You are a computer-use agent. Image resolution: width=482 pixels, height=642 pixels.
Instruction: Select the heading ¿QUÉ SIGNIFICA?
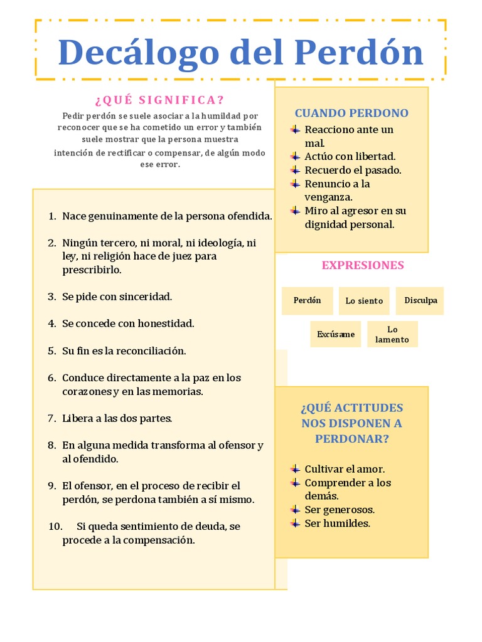click(x=159, y=100)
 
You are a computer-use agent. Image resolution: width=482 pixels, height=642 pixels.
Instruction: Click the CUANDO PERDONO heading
click(x=351, y=113)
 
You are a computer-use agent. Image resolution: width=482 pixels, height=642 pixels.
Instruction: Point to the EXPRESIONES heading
click(x=363, y=265)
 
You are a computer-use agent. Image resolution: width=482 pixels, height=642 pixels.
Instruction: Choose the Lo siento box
click(x=364, y=301)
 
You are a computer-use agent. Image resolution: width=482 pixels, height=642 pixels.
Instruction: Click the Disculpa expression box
click(x=420, y=300)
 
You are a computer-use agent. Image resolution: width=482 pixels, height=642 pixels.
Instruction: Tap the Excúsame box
click(x=336, y=334)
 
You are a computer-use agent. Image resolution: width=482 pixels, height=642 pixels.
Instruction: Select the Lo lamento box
click(x=392, y=334)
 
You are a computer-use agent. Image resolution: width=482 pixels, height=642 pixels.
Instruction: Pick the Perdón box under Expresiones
click(x=307, y=300)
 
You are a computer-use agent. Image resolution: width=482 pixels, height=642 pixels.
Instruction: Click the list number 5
click(x=51, y=351)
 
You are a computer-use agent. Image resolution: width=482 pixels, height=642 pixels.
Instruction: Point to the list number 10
click(x=55, y=526)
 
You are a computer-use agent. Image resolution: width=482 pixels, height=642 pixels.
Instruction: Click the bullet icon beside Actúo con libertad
click(x=295, y=156)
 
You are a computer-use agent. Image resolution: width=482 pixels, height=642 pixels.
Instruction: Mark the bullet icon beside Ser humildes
click(x=295, y=523)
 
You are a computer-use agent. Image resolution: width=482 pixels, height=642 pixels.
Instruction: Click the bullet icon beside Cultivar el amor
click(x=295, y=469)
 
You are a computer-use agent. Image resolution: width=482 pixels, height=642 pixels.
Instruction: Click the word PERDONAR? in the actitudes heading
click(x=351, y=439)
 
